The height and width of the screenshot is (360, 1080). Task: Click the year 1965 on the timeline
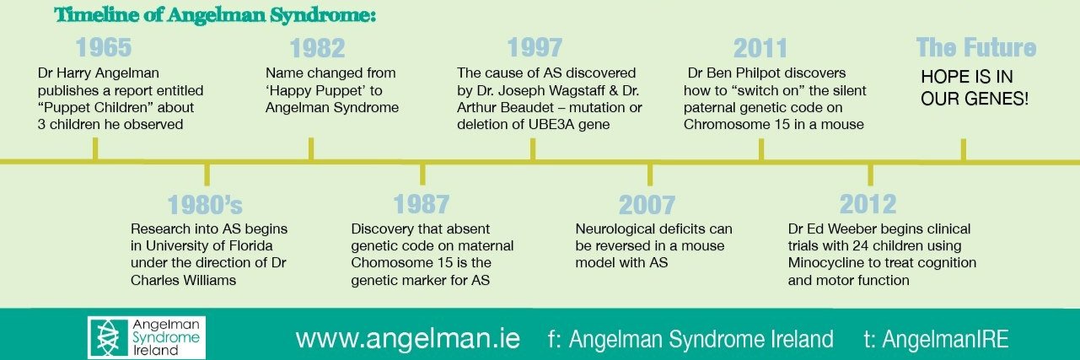[103, 48]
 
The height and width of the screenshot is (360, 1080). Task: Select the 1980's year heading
[206, 206]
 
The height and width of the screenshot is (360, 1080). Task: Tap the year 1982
[317, 48]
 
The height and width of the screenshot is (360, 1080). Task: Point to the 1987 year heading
[421, 206]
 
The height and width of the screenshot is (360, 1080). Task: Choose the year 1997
[535, 48]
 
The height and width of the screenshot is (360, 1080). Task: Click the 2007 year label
[647, 206]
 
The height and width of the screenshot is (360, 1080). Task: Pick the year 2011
[760, 48]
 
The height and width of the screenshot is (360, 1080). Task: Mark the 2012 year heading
[868, 206]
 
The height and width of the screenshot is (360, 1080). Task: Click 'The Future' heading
[975, 48]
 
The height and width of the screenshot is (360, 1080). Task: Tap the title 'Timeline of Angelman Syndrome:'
[216, 15]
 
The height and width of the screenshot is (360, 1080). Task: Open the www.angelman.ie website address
[407, 339]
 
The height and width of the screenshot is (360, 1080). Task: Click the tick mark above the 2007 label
[649, 174]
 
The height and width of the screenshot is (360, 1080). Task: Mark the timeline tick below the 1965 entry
[95, 149]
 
